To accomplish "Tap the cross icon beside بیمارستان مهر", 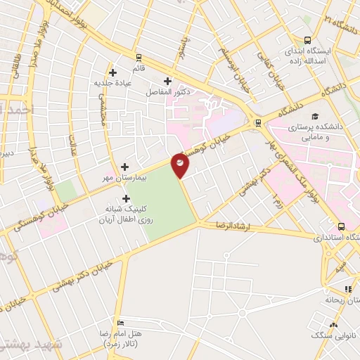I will tap(125, 167).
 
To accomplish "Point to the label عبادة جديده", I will tap(112, 83).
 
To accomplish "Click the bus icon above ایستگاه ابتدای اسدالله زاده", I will tap(307, 40).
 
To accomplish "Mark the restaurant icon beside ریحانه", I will tap(348, 288).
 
